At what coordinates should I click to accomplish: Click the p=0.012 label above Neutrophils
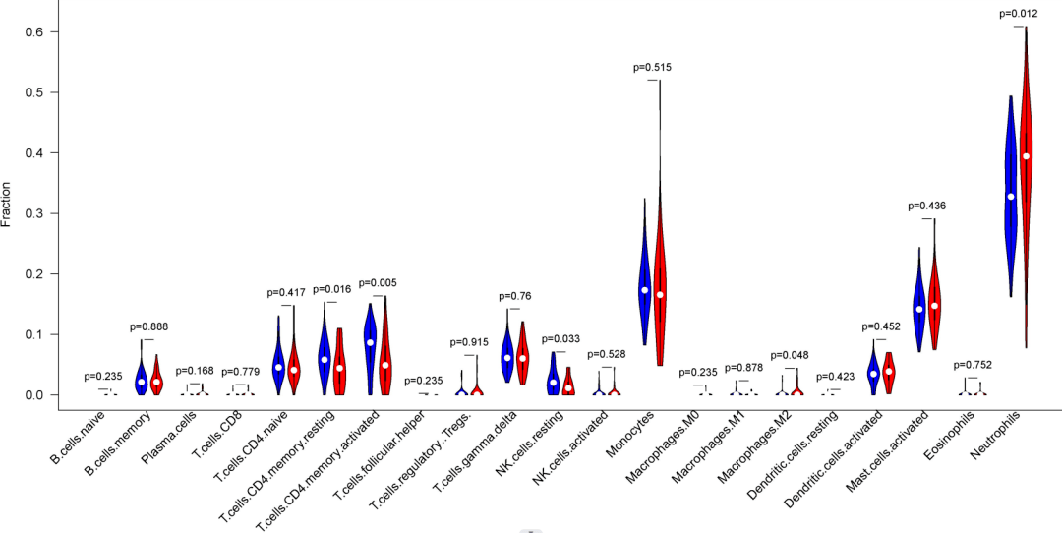click(1019, 14)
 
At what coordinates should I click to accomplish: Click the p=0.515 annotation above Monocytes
click(653, 67)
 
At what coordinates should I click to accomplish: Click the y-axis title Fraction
click(7, 205)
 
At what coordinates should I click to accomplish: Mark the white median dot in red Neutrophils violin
click(1026, 156)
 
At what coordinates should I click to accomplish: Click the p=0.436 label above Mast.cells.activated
click(927, 206)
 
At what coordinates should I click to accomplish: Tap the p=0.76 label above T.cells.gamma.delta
click(515, 296)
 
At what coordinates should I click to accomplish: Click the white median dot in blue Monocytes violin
click(645, 290)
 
